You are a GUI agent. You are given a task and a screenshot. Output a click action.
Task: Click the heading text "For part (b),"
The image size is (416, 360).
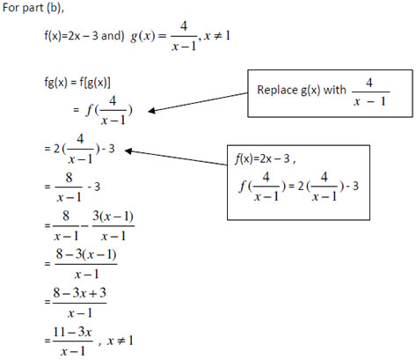(33, 8)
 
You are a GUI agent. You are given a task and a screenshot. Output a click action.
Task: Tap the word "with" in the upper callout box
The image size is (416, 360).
(334, 90)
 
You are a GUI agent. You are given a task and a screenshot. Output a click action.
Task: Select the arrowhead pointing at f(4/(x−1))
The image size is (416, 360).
(152, 111)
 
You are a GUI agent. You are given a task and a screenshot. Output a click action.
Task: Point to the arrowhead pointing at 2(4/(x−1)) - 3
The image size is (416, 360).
(128, 151)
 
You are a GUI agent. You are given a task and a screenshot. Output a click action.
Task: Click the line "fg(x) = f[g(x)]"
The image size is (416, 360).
(77, 83)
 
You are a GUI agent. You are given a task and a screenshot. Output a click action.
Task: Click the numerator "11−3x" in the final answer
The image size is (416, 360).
(72, 332)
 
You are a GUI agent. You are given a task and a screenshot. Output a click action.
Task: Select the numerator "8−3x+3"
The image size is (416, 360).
(79, 292)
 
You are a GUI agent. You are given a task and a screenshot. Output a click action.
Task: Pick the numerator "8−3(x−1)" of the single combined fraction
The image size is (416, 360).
(86, 254)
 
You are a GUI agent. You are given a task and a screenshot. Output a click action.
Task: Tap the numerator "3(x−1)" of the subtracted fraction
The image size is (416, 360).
(113, 217)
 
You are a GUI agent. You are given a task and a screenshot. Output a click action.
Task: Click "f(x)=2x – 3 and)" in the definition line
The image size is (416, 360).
(84, 36)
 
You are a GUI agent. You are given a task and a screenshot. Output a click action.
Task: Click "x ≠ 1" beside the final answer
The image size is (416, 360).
(120, 341)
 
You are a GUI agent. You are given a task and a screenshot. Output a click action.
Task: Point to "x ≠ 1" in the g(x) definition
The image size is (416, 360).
(217, 36)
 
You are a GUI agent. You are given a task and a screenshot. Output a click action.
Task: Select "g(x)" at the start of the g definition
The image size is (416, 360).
(142, 36)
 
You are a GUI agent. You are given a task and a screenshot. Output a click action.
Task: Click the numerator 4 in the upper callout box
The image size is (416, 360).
(369, 83)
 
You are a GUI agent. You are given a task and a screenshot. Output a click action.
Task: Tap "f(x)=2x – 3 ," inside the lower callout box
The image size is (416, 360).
(265, 158)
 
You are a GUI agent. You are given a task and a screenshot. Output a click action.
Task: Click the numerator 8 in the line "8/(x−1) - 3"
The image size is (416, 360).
(69, 178)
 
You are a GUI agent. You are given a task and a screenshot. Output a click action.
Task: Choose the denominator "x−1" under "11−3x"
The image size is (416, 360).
(73, 351)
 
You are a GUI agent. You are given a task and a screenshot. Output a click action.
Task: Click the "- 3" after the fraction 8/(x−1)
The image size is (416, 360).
(94, 187)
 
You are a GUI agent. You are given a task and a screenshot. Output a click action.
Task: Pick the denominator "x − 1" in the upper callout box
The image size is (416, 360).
(369, 101)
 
